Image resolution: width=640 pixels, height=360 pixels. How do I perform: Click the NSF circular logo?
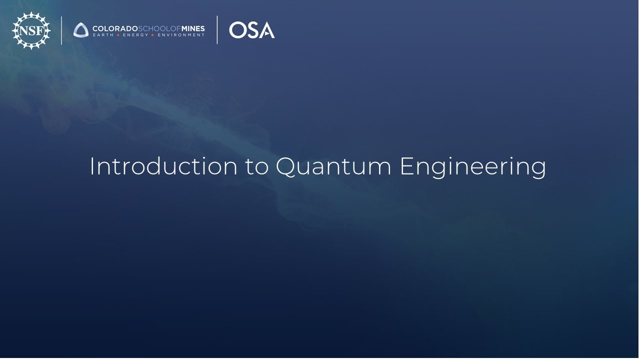(x=31, y=30)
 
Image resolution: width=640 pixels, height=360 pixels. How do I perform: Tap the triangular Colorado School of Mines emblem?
(x=81, y=30)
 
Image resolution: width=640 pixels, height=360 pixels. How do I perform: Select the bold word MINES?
(x=193, y=28)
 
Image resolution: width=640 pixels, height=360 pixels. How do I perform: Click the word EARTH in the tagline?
(x=102, y=35)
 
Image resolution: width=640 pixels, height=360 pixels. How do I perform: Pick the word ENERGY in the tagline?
(x=135, y=35)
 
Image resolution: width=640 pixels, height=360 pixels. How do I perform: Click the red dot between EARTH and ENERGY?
(x=118, y=35)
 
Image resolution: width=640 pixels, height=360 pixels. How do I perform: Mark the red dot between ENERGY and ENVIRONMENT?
(x=152, y=35)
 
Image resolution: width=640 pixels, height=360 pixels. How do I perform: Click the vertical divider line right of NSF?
(x=61, y=30)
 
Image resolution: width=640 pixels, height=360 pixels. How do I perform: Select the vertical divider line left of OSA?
(x=217, y=30)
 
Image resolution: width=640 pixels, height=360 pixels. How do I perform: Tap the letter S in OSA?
(x=253, y=30)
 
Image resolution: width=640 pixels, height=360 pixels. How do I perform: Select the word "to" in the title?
(x=257, y=166)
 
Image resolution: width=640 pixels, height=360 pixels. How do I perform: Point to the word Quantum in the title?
(x=333, y=166)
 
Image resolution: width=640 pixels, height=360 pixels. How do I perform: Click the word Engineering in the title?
(x=472, y=167)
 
